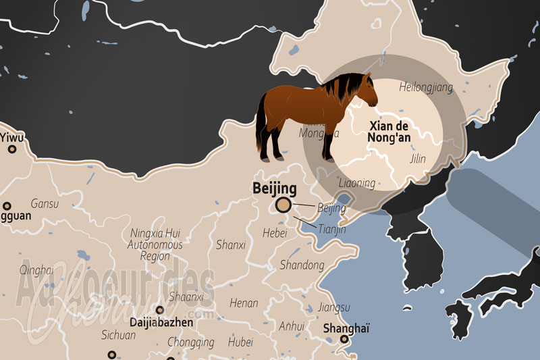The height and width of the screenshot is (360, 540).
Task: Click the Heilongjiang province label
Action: [x=426, y=87]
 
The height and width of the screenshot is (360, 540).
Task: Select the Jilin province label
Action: [x=418, y=159]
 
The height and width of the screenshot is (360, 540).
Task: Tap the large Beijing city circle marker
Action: [x=283, y=205]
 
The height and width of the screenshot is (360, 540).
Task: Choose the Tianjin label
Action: [x=331, y=230]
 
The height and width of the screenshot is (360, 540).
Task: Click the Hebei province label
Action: [x=275, y=233]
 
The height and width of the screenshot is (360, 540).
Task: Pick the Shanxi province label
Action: [x=231, y=245]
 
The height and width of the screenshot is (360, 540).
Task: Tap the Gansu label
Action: [x=45, y=203]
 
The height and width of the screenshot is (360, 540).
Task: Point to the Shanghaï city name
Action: [x=347, y=329]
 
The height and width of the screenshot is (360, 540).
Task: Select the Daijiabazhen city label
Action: [x=161, y=323]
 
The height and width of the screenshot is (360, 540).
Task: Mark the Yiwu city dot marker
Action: [x=10, y=150]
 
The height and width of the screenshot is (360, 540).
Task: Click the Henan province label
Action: [x=244, y=303]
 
